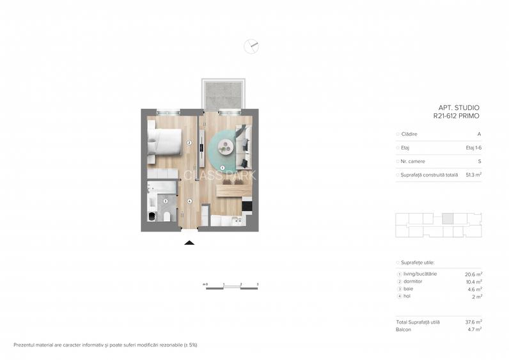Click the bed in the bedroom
click(x=164, y=141)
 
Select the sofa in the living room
click(x=243, y=145)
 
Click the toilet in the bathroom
click(x=167, y=217)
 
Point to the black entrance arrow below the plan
click(x=189, y=242)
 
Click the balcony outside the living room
click(x=223, y=95)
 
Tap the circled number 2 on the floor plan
click(x=189, y=143)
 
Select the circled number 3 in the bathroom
click(x=165, y=201)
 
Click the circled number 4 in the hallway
click(x=189, y=201)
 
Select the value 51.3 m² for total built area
click(x=473, y=175)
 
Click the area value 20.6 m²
click(x=473, y=274)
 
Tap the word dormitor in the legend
click(x=414, y=281)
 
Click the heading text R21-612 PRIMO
click(x=456, y=116)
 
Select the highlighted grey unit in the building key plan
click(x=448, y=218)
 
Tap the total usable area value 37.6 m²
click(x=473, y=322)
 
